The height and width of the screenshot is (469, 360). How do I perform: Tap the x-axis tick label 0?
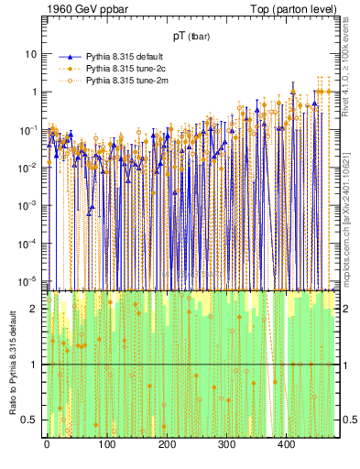[x=47, y=444]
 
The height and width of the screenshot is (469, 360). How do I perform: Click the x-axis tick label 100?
[x=106, y=444]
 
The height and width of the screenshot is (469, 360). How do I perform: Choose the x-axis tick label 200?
[x=167, y=444]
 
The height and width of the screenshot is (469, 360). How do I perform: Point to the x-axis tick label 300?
[x=226, y=444]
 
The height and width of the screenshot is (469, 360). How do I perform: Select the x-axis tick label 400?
[x=286, y=444]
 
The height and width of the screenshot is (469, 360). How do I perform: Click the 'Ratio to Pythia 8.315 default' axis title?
[x=12, y=363]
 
